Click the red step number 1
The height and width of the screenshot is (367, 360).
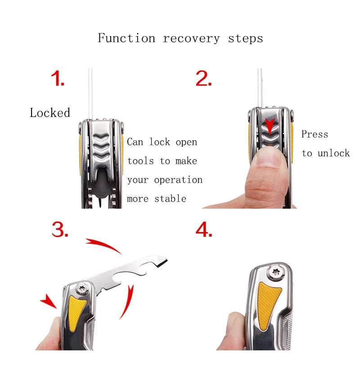tap(58, 79)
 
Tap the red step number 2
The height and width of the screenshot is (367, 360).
tap(203, 79)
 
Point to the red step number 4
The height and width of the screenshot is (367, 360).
tap(204, 230)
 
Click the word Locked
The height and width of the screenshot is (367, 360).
tap(50, 112)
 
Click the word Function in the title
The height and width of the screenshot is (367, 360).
tap(126, 38)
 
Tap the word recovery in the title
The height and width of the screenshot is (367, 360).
tap(191, 39)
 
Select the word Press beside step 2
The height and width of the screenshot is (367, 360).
tap(315, 134)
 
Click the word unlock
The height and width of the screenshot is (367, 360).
tap(333, 153)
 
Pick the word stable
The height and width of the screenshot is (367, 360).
tap(170, 198)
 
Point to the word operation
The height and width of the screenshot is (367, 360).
tap(178, 180)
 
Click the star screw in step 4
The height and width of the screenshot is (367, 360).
tap(275, 272)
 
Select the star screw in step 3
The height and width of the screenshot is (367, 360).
tap(83, 288)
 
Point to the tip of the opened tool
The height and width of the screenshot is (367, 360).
tap(167, 260)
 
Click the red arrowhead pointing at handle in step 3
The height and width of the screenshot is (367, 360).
tap(49, 301)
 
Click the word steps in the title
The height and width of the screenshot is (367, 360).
tap(245, 39)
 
